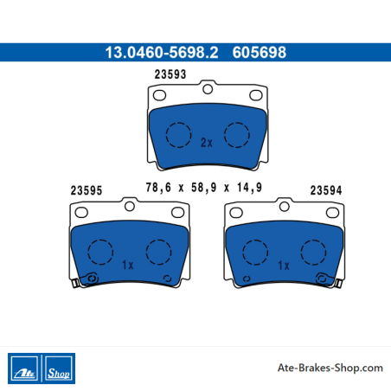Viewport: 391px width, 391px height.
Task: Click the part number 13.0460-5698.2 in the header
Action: pyautogui.click(x=162, y=53)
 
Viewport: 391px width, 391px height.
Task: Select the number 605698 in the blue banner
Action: pyautogui.click(x=260, y=53)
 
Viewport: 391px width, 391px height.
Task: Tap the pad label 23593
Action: pyautogui.click(x=170, y=74)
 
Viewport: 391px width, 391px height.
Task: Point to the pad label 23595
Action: pyautogui.click(x=87, y=190)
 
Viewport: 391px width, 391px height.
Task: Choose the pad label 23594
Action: pyautogui.click(x=326, y=190)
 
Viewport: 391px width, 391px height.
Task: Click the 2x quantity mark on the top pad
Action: pyautogui.click(x=207, y=143)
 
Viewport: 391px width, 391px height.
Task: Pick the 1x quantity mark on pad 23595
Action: pyautogui.click(x=128, y=265)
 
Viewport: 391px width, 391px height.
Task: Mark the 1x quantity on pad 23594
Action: pyautogui.click(x=284, y=266)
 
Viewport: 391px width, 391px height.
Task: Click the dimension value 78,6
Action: pyautogui.click(x=158, y=188)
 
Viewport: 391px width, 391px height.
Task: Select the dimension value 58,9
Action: pyautogui.click(x=203, y=188)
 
